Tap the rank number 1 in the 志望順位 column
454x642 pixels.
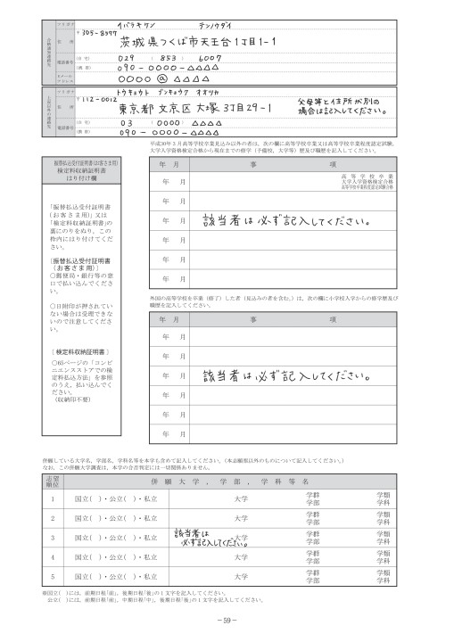53,498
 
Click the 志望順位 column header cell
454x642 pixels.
53,480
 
